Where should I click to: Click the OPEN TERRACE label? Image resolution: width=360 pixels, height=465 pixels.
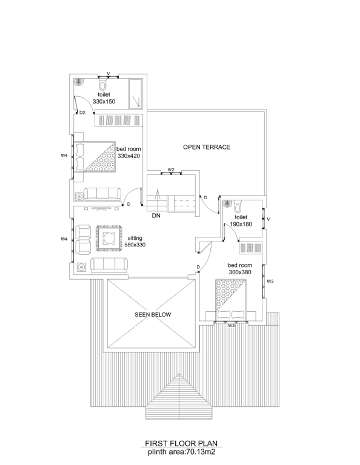(x=207, y=147)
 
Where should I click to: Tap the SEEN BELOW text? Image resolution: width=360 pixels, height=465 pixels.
(x=153, y=315)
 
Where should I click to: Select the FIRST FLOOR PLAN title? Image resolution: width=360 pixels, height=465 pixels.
(x=181, y=444)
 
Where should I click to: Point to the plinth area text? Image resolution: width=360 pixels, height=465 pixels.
(x=181, y=452)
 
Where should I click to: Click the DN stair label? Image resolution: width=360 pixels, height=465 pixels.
(x=156, y=216)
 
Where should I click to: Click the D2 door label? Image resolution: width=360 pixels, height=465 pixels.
(x=82, y=113)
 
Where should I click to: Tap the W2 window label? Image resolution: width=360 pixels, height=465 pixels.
(x=171, y=170)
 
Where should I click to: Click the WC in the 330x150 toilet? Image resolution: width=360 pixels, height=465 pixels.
(x=102, y=85)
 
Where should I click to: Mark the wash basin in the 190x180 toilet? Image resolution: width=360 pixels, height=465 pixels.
(x=227, y=203)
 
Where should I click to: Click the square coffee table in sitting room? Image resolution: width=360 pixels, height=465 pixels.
(x=109, y=239)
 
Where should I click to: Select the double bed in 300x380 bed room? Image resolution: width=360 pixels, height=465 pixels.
(x=231, y=300)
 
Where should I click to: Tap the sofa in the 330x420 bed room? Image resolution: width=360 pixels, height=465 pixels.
(x=102, y=194)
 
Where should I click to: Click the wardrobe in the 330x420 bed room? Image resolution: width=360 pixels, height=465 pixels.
(x=119, y=120)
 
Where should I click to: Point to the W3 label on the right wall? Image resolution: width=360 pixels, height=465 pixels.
(x=270, y=282)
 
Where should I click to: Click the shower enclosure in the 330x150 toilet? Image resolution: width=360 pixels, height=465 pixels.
(x=136, y=94)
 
